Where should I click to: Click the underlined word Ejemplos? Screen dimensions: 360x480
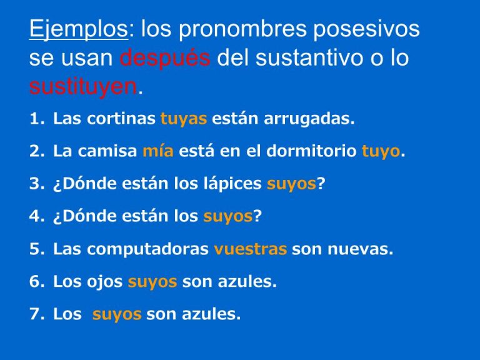(77, 30)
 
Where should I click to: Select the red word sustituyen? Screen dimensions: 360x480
(82, 87)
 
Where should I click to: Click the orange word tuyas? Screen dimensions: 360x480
(183, 119)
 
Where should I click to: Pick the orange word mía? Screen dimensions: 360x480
(157, 152)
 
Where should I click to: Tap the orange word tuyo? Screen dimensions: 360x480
(380, 152)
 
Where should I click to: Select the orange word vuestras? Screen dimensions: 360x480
(250, 249)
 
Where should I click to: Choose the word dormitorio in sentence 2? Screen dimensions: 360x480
(316, 152)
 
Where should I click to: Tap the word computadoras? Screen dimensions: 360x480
(147, 249)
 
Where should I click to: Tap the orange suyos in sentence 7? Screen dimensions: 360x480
(117, 314)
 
